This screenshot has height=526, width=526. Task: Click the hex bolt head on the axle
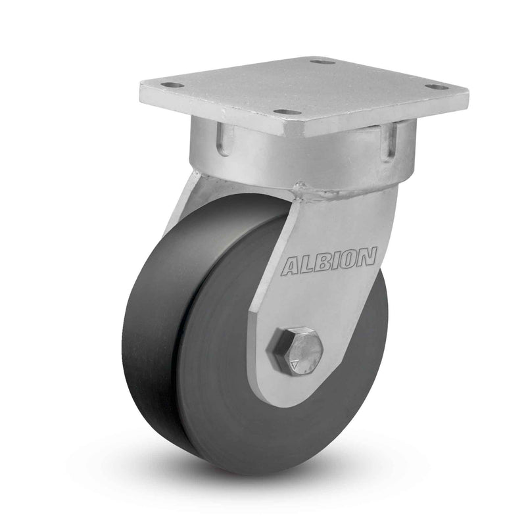[297, 350]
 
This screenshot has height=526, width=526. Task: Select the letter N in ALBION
[367, 255]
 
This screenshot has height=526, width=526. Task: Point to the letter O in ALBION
[349, 257]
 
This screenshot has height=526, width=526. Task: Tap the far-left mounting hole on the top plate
[172, 85]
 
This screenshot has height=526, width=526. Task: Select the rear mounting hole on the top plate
[322, 62]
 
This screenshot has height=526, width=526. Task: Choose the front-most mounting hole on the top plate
[287, 112]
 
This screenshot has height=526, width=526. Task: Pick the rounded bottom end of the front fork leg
[289, 394]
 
